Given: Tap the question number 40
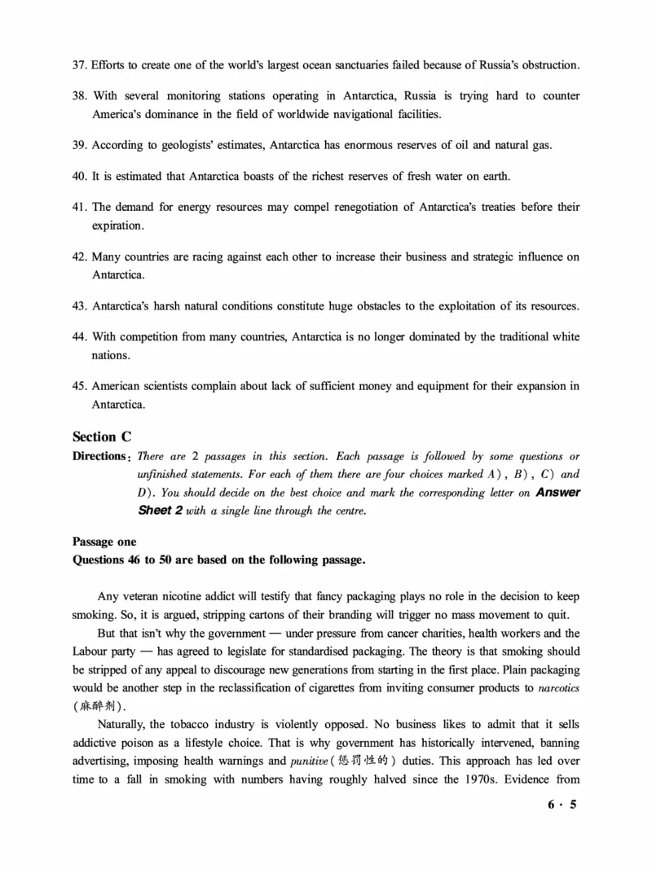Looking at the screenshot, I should pos(80,176).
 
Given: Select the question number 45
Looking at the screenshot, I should pos(80,386).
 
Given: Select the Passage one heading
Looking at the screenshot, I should pos(104,542).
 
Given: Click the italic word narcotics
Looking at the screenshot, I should pos(559,688).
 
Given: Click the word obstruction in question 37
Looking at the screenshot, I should pos(548,64).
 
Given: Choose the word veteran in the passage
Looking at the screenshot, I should pos(143,596).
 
